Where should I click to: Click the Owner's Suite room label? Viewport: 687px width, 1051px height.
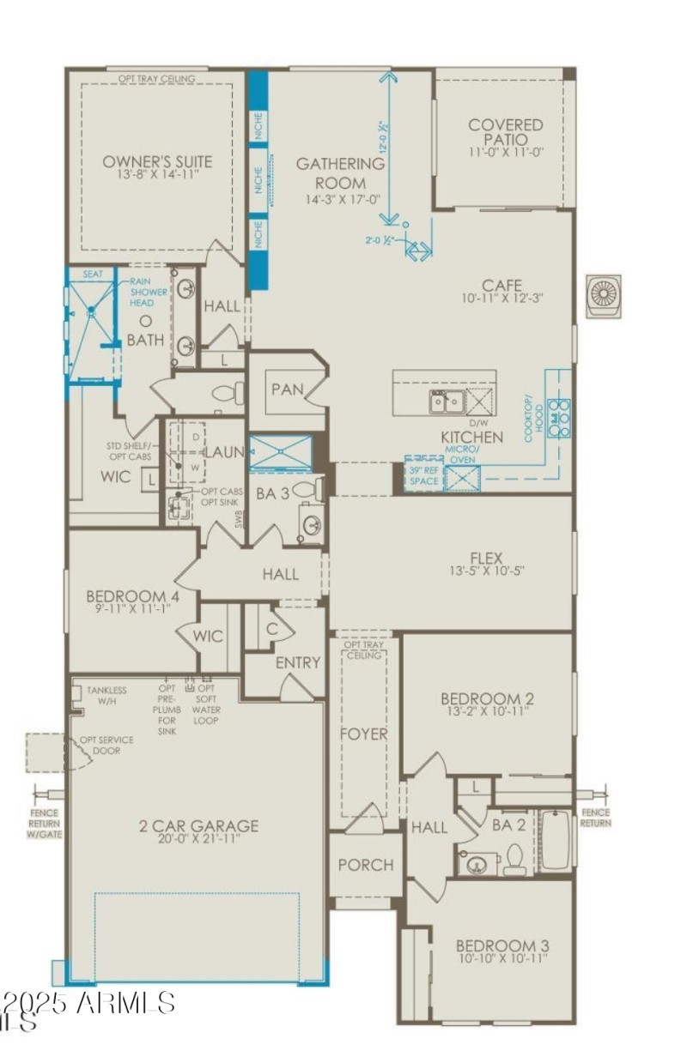pyautogui.click(x=157, y=161)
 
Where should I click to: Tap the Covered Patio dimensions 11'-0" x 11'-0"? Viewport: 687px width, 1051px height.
pyautogui.click(x=505, y=152)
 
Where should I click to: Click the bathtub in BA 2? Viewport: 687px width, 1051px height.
pyautogui.click(x=556, y=842)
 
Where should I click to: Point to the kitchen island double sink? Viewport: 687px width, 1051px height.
pyautogui.click(x=447, y=400)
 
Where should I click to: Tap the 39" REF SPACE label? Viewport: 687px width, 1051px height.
pyautogui.click(x=424, y=477)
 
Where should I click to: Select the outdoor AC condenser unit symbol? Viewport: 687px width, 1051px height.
pyautogui.click(x=604, y=297)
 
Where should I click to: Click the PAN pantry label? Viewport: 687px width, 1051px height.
pyautogui.click(x=287, y=389)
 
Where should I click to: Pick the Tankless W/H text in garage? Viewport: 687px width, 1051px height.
pyautogui.click(x=106, y=695)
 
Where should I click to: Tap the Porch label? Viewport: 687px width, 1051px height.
pyautogui.click(x=366, y=865)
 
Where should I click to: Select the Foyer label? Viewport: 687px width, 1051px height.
pyautogui.click(x=363, y=734)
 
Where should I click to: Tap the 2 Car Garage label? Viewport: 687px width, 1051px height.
pyautogui.click(x=198, y=826)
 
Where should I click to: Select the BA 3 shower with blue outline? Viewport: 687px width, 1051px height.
pyautogui.click(x=280, y=453)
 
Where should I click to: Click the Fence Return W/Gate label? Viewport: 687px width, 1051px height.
pyautogui.click(x=43, y=824)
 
